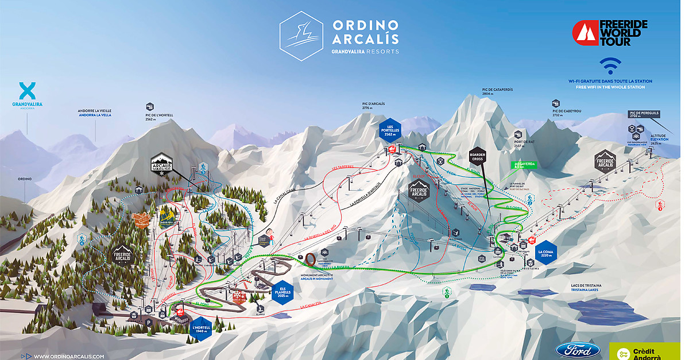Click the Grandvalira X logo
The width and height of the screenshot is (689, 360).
[x=27, y=91]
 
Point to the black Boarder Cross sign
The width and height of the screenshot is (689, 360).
[x=478, y=156]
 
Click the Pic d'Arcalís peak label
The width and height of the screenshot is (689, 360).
[x=373, y=106]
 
